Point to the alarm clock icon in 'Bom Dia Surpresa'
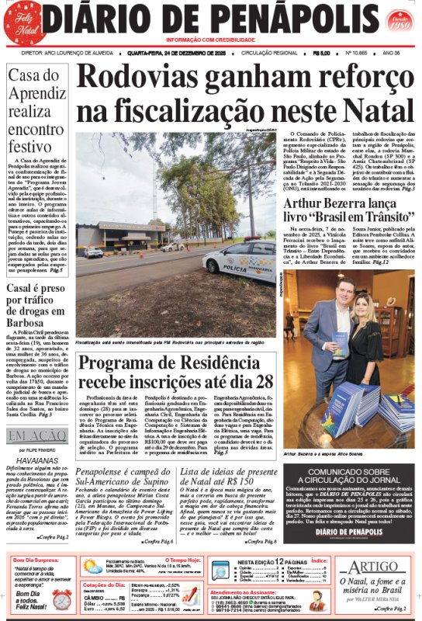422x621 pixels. [x=62, y=599]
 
